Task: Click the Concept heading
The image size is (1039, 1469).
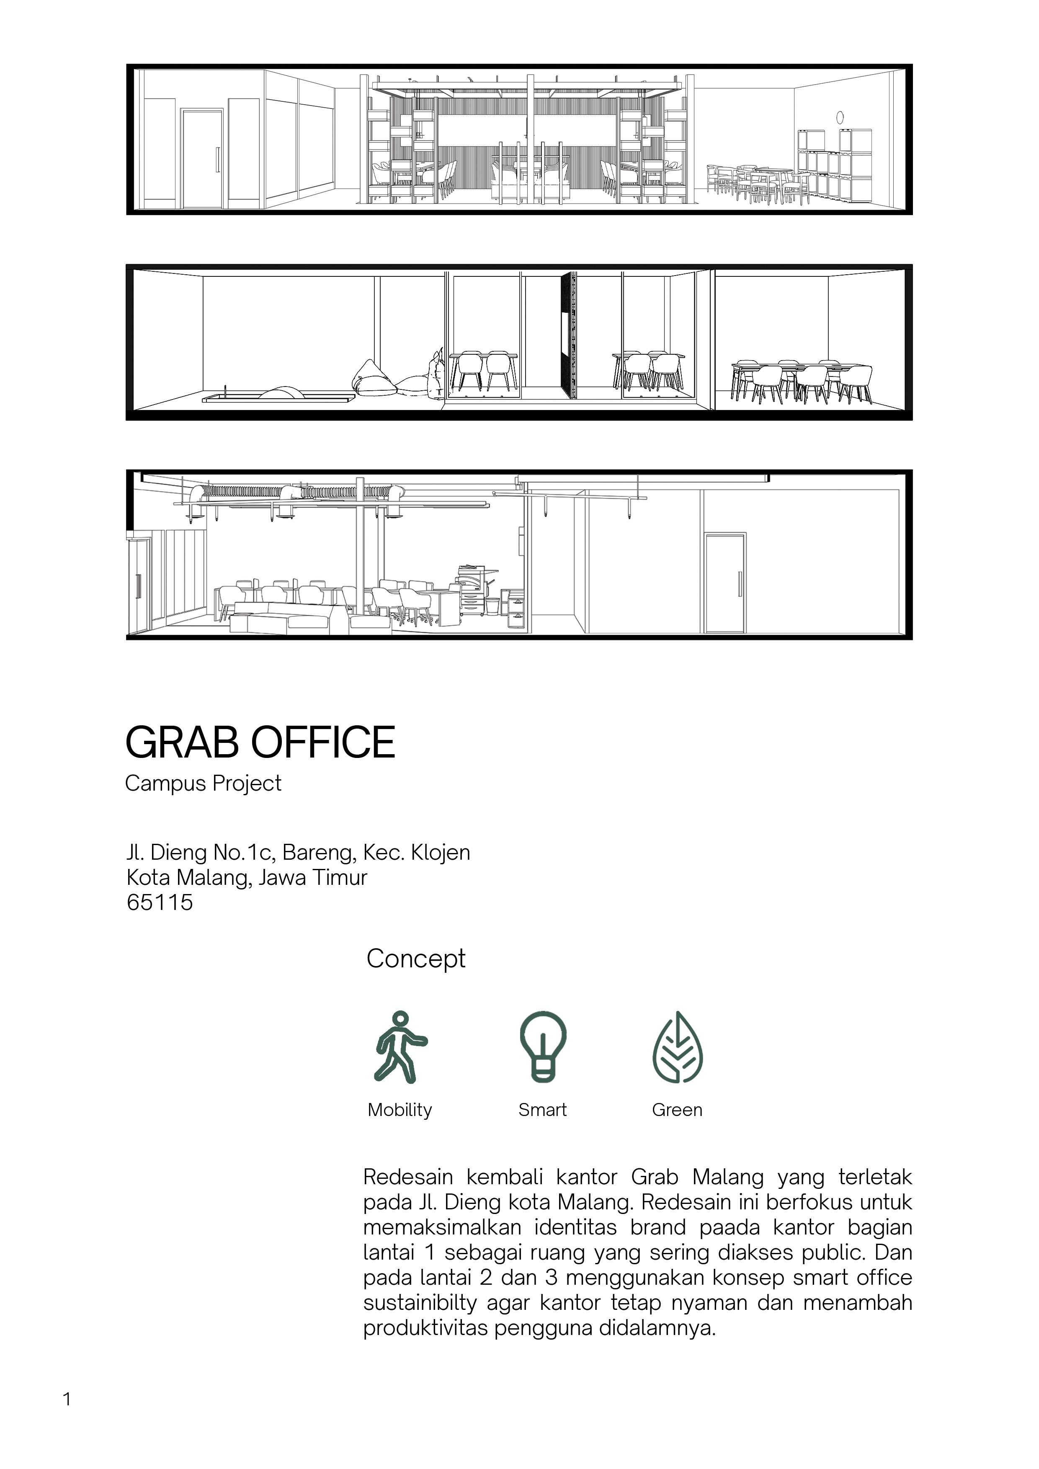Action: click(416, 959)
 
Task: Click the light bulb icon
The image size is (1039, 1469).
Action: click(542, 1047)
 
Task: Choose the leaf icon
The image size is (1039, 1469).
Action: click(678, 1047)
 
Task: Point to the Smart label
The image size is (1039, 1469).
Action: click(542, 1110)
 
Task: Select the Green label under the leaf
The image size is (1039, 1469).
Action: click(677, 1110)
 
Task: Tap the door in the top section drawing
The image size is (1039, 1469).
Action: click(202, 159)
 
